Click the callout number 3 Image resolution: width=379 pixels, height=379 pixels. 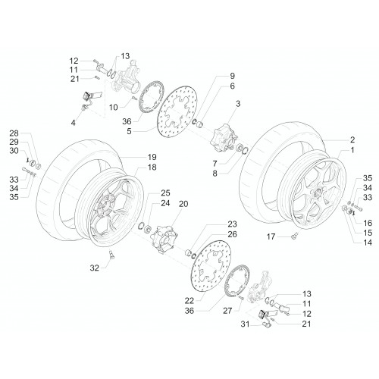click(x=238, y=104)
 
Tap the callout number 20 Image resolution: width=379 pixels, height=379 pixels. click(x=183, y=204)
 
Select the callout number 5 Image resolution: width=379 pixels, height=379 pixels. click(x=129, y=131)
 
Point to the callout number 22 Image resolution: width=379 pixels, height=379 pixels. click(x=189, y=301)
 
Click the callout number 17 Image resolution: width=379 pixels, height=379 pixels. click(x=271, y=236)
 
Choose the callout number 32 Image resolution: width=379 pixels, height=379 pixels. click(x=95, y=268)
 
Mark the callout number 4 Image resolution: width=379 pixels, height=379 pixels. click(x=73, y=123)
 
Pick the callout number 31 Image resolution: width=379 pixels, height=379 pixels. click(x=245, y=324)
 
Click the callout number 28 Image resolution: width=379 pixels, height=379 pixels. click(x=14, y=133)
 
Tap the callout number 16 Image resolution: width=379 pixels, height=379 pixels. click(x=368, y=223)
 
